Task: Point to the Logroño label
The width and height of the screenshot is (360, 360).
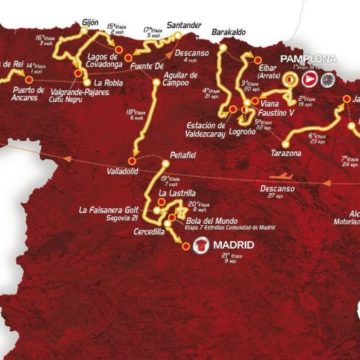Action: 242,131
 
